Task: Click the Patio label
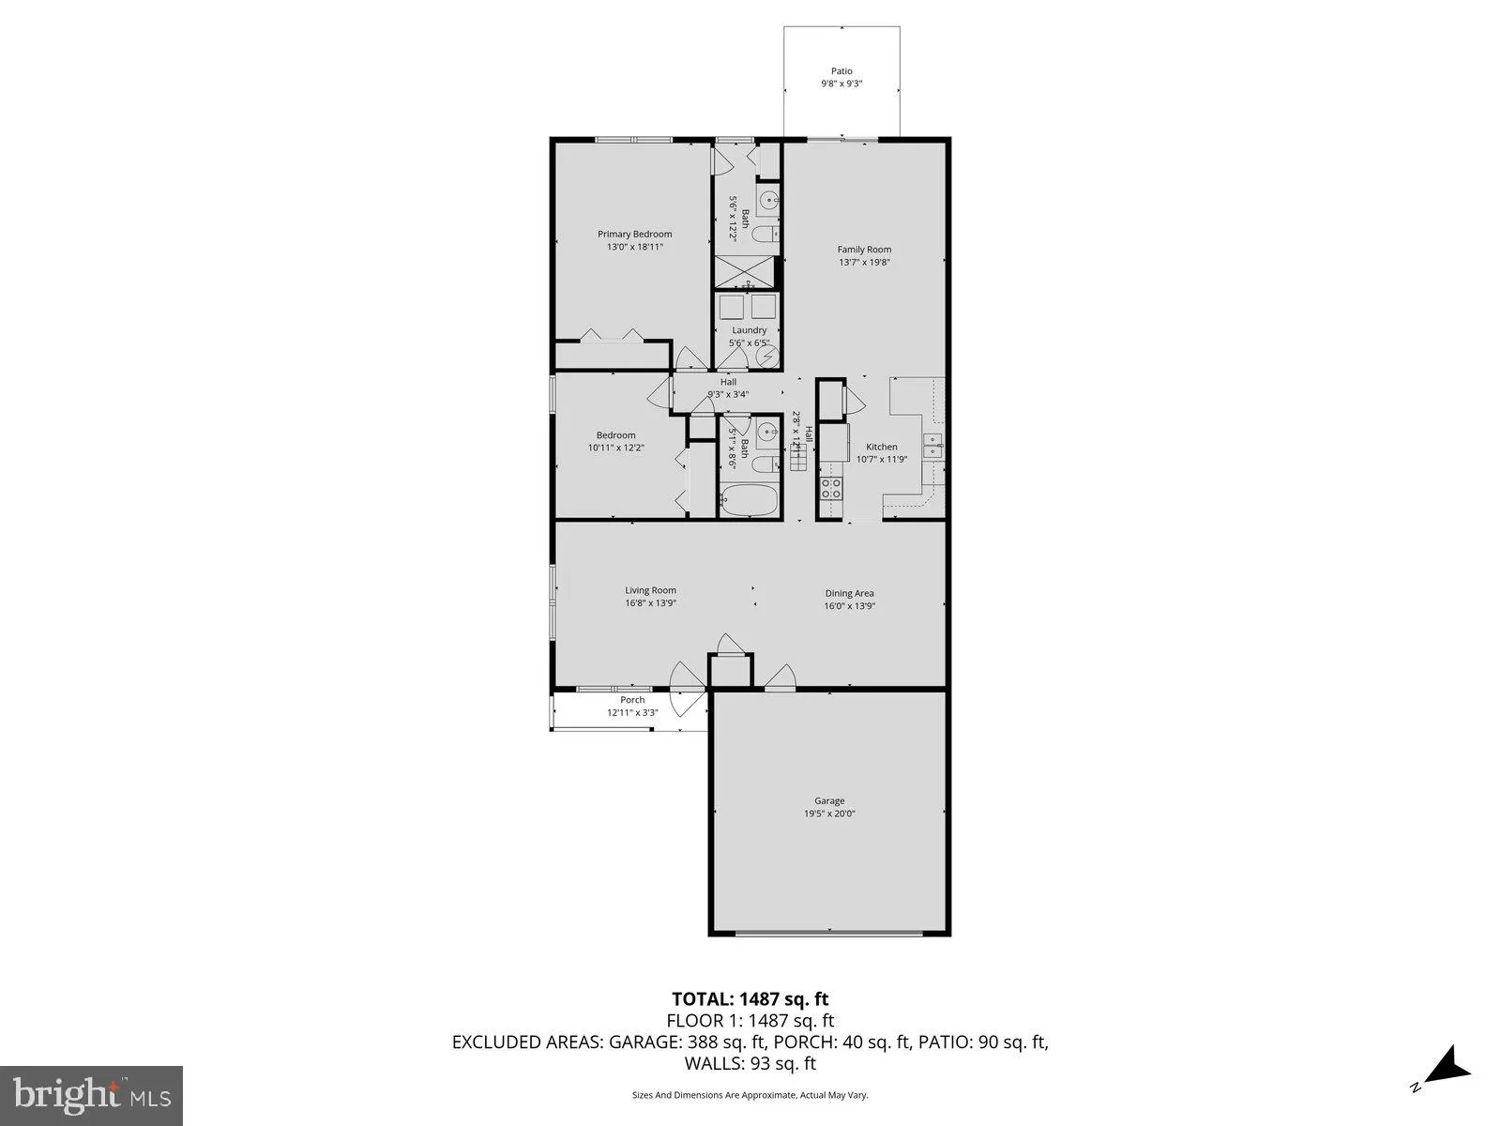(x=841, y=71)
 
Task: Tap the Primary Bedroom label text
(x=635, y=235)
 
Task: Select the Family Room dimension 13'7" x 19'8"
(x=864, y=263)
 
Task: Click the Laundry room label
(x=749, y=330)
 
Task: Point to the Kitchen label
(x=881, y=447)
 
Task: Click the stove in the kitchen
(x=831, y=487)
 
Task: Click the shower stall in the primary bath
(x=746, y=272)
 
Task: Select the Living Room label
(x=650, y=590)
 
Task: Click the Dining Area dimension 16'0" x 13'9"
(x=849, y=606)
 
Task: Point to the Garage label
(x=828, y=800)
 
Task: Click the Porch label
(x=632, y=700)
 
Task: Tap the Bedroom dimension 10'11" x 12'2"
(x=615, y=449)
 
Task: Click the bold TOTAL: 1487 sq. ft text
(x=750, y=999)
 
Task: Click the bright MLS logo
(x=91, y=1094)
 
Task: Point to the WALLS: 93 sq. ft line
(x=750, y=1063)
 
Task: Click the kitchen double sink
(x=935, y=446)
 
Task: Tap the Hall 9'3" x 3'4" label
(x=728, y=388)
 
